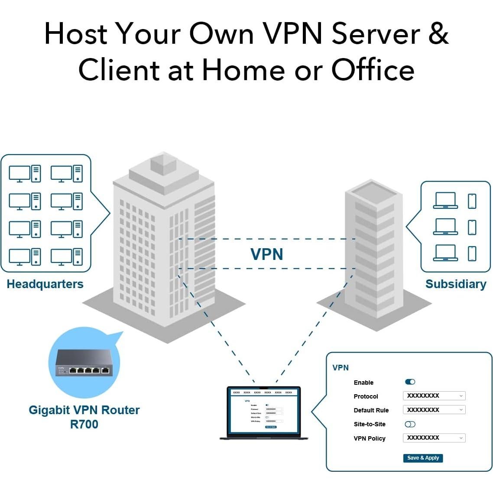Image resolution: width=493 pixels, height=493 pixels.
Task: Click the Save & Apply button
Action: (x=423, y=458)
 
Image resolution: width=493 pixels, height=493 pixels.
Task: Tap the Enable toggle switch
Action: (x=410, y=382)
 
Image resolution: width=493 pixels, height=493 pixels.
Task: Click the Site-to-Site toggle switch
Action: (x=410, y=424)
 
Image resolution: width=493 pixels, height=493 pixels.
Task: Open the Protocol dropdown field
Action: (x=434, y=396)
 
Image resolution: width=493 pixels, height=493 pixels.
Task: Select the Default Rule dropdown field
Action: (x=434, y=410)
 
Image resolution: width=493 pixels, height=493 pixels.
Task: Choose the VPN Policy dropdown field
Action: (x=434, y=438)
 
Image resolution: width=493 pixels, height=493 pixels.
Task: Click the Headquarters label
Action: (x=45, y=284)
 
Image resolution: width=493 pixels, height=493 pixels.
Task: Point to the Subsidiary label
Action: (x=456, y=284)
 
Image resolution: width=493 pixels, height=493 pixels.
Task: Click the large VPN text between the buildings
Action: (x=267, y=254)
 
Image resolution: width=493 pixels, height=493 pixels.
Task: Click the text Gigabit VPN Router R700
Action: (x=84, y=417)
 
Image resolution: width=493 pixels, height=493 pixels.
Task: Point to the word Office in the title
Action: (x=373, y=70)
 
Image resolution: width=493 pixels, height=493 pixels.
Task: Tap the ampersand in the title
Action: (x=438, y=33)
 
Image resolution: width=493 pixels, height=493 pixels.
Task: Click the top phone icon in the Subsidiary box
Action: (x=472, y=201)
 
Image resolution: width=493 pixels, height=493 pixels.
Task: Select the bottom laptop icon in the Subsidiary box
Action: (x=445, y=253)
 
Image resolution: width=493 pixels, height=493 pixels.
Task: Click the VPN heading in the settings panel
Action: (x=341, y=368)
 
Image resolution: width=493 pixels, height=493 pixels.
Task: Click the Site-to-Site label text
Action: (x=370, y=424)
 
